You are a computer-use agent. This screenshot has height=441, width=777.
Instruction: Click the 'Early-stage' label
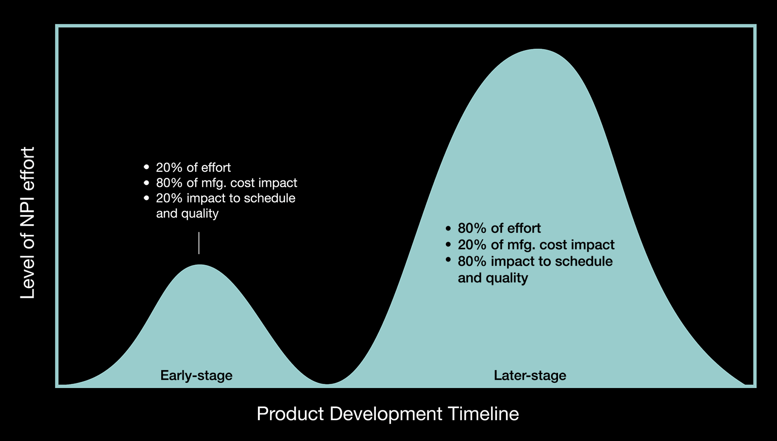[196, 376]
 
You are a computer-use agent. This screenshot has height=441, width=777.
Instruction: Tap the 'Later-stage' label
[530, 376]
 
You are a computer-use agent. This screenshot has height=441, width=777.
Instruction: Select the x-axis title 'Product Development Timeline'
[388, 414]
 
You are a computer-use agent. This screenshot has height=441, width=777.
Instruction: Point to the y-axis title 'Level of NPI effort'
[28, 223]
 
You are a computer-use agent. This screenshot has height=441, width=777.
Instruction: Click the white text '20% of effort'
[193, 167]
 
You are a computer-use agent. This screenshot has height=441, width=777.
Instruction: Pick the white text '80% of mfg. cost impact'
[226, 182]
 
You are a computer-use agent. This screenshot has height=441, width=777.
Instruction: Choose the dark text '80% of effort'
[499, 229]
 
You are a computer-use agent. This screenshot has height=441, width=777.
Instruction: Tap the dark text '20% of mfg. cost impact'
[536, 245]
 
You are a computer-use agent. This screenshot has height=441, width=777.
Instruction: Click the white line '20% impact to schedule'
[225, 198]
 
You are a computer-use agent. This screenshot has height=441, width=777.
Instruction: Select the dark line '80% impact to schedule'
[535, 261]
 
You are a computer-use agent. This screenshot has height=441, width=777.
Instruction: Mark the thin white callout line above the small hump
[199, 243]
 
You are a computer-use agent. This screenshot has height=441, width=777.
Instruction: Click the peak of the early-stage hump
[200, 265]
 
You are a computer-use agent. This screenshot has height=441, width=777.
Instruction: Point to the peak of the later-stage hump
[538, 49]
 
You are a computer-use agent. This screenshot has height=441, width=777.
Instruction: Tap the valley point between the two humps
[326, 384]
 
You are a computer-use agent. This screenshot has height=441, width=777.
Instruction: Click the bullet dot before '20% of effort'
[146, 167]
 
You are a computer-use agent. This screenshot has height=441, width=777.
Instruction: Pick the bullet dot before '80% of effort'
[448, 229]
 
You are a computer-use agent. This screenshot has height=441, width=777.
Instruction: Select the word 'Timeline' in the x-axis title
[483, 414]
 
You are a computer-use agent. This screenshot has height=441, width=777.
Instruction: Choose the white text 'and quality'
[187, 213]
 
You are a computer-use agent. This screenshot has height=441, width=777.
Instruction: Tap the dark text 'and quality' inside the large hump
[493, 278]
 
